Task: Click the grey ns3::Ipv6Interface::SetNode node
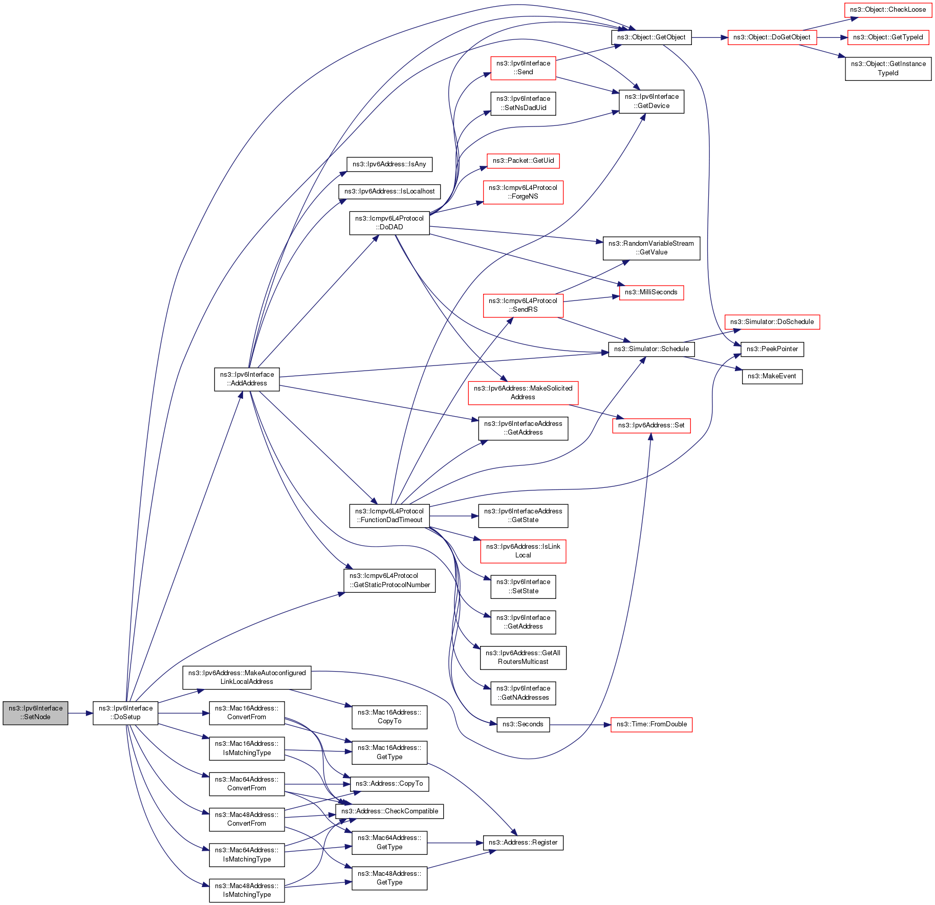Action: [35, 713]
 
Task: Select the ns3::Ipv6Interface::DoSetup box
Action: [125, 713]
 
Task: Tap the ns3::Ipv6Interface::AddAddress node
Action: [247, 379]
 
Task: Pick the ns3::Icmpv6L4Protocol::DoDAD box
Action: [389, 223]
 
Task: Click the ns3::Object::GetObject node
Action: [651, 37]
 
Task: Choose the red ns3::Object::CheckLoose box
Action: [887, 10]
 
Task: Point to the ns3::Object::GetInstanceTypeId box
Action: [888, 68]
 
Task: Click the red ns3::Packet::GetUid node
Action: [523, 161]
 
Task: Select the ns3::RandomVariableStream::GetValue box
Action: [651, 248]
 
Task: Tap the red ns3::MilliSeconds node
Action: [651, 292]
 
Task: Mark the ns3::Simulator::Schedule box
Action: [651, 349]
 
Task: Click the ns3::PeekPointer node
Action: [772, 349]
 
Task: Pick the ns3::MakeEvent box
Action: [772, 376]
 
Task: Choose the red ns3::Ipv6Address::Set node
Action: [651, 425]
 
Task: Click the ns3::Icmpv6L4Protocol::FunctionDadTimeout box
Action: [389, 515]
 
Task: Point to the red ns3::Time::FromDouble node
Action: [651, 724]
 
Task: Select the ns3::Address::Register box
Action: [523, 843]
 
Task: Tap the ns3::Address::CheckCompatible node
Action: [389, 811]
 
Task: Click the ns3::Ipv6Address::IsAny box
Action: [389, 164]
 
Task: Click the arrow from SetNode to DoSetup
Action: [80, 713]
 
